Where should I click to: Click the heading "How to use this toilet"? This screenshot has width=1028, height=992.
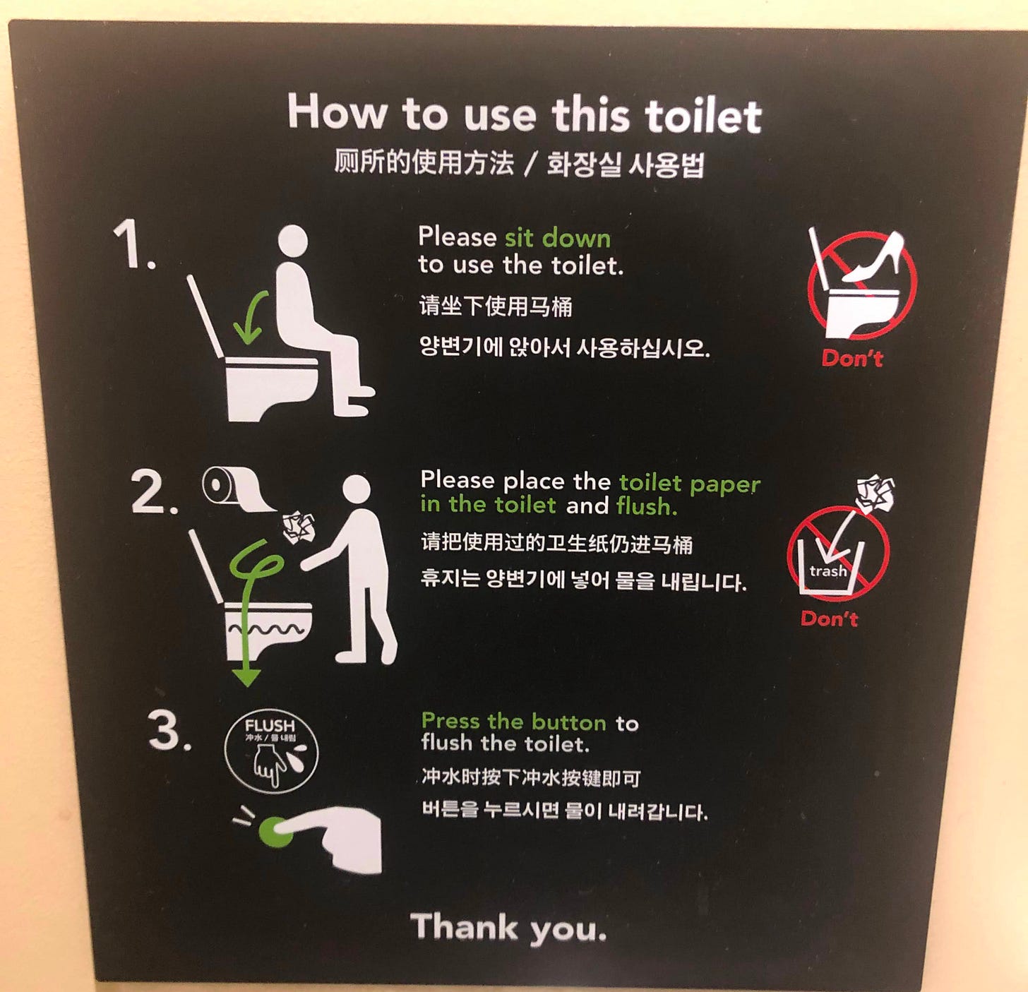[524, 114]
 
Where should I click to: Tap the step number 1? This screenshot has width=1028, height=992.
[135, 244]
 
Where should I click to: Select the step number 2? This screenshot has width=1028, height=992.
[154, 491]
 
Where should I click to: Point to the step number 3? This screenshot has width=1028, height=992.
[170, 729]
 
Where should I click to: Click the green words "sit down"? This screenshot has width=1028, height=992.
[558, 238]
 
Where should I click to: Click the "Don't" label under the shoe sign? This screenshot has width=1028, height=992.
[852, 358]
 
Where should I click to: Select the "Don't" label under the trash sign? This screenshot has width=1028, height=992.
[829, 618]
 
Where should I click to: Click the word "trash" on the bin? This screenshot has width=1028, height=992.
[827, 571]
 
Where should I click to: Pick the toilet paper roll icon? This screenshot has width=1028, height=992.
[239, 489]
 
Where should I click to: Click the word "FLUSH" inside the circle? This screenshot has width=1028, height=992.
[270, 725]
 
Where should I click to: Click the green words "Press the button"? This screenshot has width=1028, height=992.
[513, 722]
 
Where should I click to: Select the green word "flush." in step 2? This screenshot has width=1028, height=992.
[647, 506]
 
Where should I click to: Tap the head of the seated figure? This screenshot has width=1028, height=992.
[293, 241]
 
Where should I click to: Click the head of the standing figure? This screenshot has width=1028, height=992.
[357, 490]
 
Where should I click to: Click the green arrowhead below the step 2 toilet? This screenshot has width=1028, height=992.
[246, 676]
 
